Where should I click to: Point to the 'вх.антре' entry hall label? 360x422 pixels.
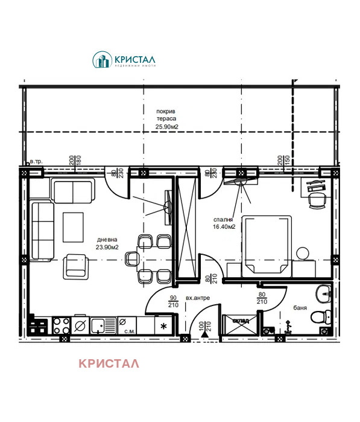pos(198,298)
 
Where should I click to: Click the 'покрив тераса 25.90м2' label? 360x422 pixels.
pos(167,120)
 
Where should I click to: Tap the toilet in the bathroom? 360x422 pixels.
pos(318,316)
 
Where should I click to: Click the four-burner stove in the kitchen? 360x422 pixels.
pos(61,326)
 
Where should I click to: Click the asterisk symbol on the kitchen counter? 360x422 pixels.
pos(163,327)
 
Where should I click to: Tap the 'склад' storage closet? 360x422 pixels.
pos(241,325)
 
